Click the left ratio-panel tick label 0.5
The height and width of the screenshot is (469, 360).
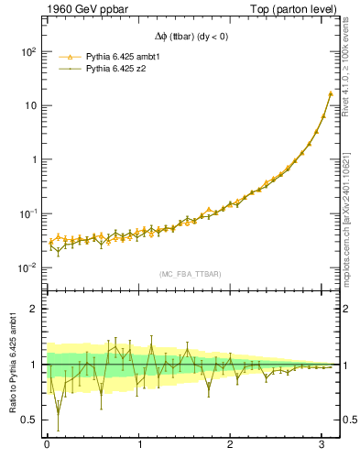[x=28, y=420]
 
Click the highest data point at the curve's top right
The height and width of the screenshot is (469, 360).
[x=330, y=93]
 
